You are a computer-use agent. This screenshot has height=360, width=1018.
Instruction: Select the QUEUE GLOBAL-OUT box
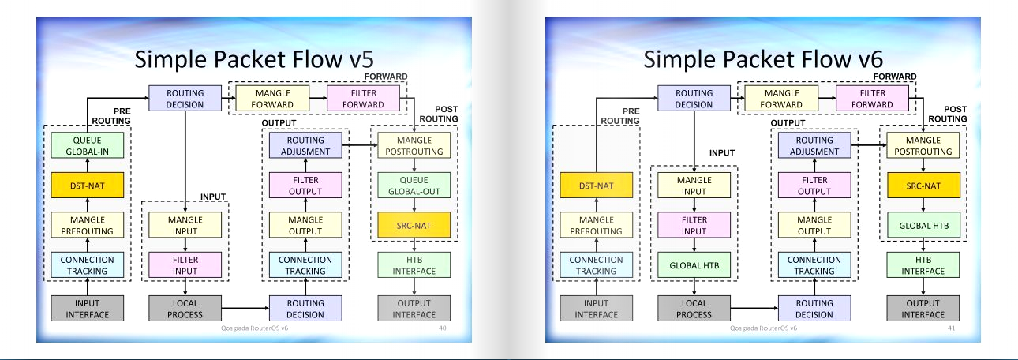(x=414, y=186)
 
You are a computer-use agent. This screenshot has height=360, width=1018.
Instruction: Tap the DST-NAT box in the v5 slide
(x=88, y=186)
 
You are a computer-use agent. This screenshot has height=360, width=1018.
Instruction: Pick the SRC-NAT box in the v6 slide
(x=923, y=186)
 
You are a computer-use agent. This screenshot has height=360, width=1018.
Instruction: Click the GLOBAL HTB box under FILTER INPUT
(x=694, y=265)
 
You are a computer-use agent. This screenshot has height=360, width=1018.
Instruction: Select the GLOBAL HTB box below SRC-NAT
(x=923, y=226)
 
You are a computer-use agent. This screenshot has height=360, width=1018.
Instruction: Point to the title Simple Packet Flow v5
(x=253, y=60)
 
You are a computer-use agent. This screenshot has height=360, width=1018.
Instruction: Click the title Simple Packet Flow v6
(x=762, y=60)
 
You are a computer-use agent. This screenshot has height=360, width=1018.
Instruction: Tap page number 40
(x=442, y=327)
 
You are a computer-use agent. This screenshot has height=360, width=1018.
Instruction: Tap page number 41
(x=951, y=327)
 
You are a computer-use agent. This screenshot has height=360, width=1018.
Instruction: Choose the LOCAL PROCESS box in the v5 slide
(x=185, y=309)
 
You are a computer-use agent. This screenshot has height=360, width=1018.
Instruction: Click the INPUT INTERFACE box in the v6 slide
(x=597, y=309)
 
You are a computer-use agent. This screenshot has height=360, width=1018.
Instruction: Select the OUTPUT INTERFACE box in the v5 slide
(x=414, y=309)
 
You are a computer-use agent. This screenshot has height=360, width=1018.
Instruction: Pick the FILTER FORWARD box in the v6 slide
(x=872, y=99)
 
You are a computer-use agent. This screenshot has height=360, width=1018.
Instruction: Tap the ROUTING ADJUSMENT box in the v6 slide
(x=814, y=145)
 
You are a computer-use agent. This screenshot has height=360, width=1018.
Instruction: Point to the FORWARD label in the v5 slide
(x=385, y=77)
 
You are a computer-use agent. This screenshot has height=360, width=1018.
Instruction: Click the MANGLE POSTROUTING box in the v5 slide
(x=414, y=145)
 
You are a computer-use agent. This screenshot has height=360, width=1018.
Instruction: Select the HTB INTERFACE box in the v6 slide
(x=923, y=265)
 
